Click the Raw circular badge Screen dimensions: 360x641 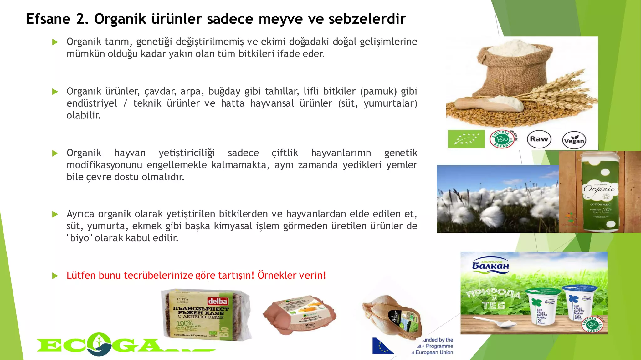click(539, 139)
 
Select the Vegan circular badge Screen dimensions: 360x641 click(574, 140)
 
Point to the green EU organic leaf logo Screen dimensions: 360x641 click(466, 139)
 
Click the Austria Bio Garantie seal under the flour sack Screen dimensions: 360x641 click(502, 139)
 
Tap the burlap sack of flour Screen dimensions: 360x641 click(513, 69)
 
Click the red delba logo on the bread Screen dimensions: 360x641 click(218, 301)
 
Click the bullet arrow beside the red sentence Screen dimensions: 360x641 click(55, 276)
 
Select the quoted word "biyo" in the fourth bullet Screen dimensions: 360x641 click(78, 238)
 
